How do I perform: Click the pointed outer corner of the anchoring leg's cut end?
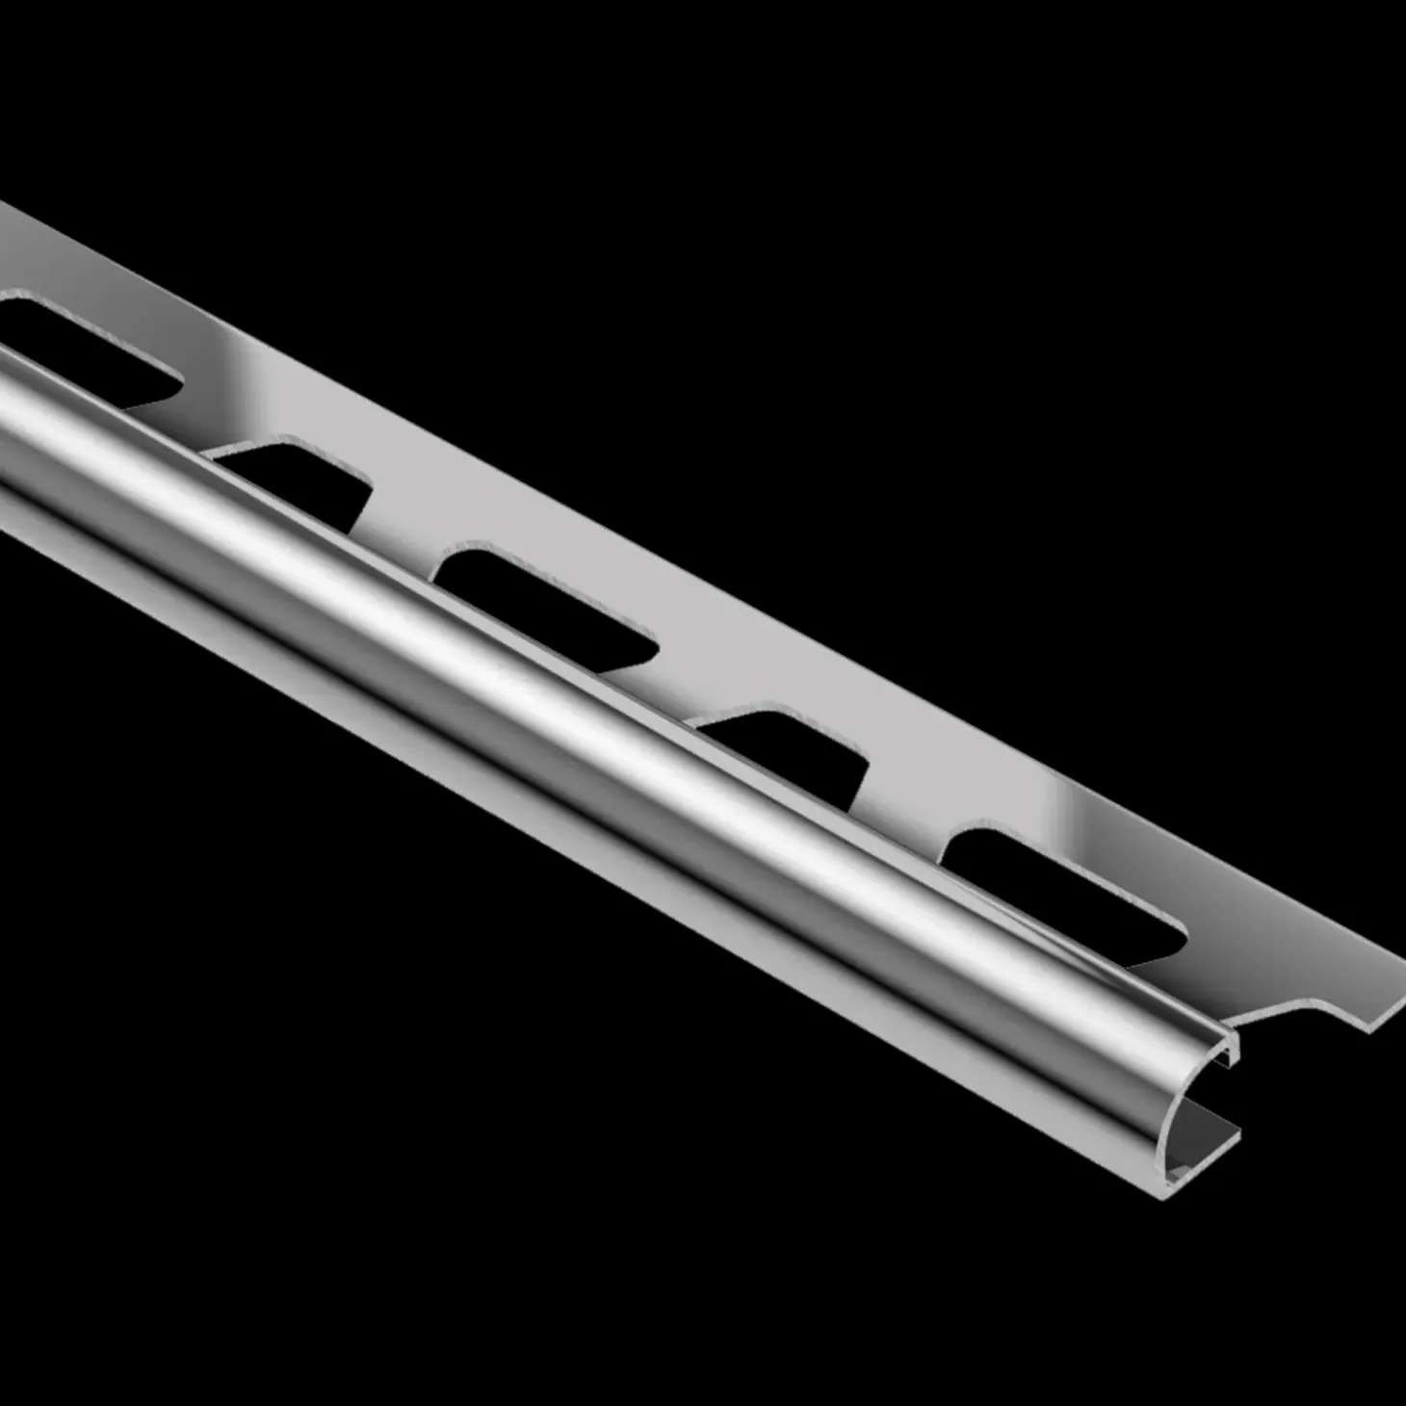coord(1402,963)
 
